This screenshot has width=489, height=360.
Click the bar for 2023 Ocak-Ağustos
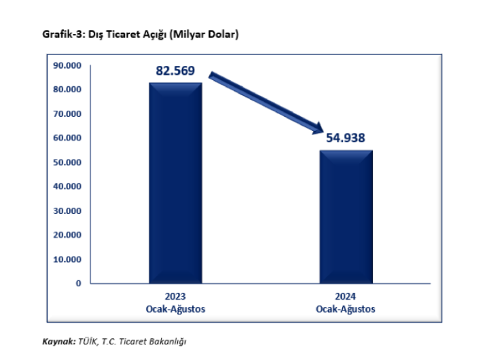[175, 182]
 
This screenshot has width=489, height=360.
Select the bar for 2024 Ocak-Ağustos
[346, 216]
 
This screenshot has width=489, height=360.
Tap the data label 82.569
[175, 70]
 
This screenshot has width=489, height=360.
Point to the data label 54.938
[346, 138]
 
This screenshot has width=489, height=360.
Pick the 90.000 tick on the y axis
[67, 65]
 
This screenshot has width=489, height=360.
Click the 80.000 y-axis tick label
[67, 90]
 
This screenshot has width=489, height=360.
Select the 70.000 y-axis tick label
[67, 114]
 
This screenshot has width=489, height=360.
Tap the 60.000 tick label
[67, 138]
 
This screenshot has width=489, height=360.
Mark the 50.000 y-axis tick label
[67, 162]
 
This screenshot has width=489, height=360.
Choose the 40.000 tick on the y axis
[67, 186]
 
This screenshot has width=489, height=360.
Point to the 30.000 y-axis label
[67, 211]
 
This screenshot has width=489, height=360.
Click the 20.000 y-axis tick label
[67, 235]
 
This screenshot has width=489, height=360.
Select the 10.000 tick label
[67, 259]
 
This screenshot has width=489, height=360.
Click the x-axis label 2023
[175, 297]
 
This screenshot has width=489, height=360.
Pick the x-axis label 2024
[346, 297]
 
